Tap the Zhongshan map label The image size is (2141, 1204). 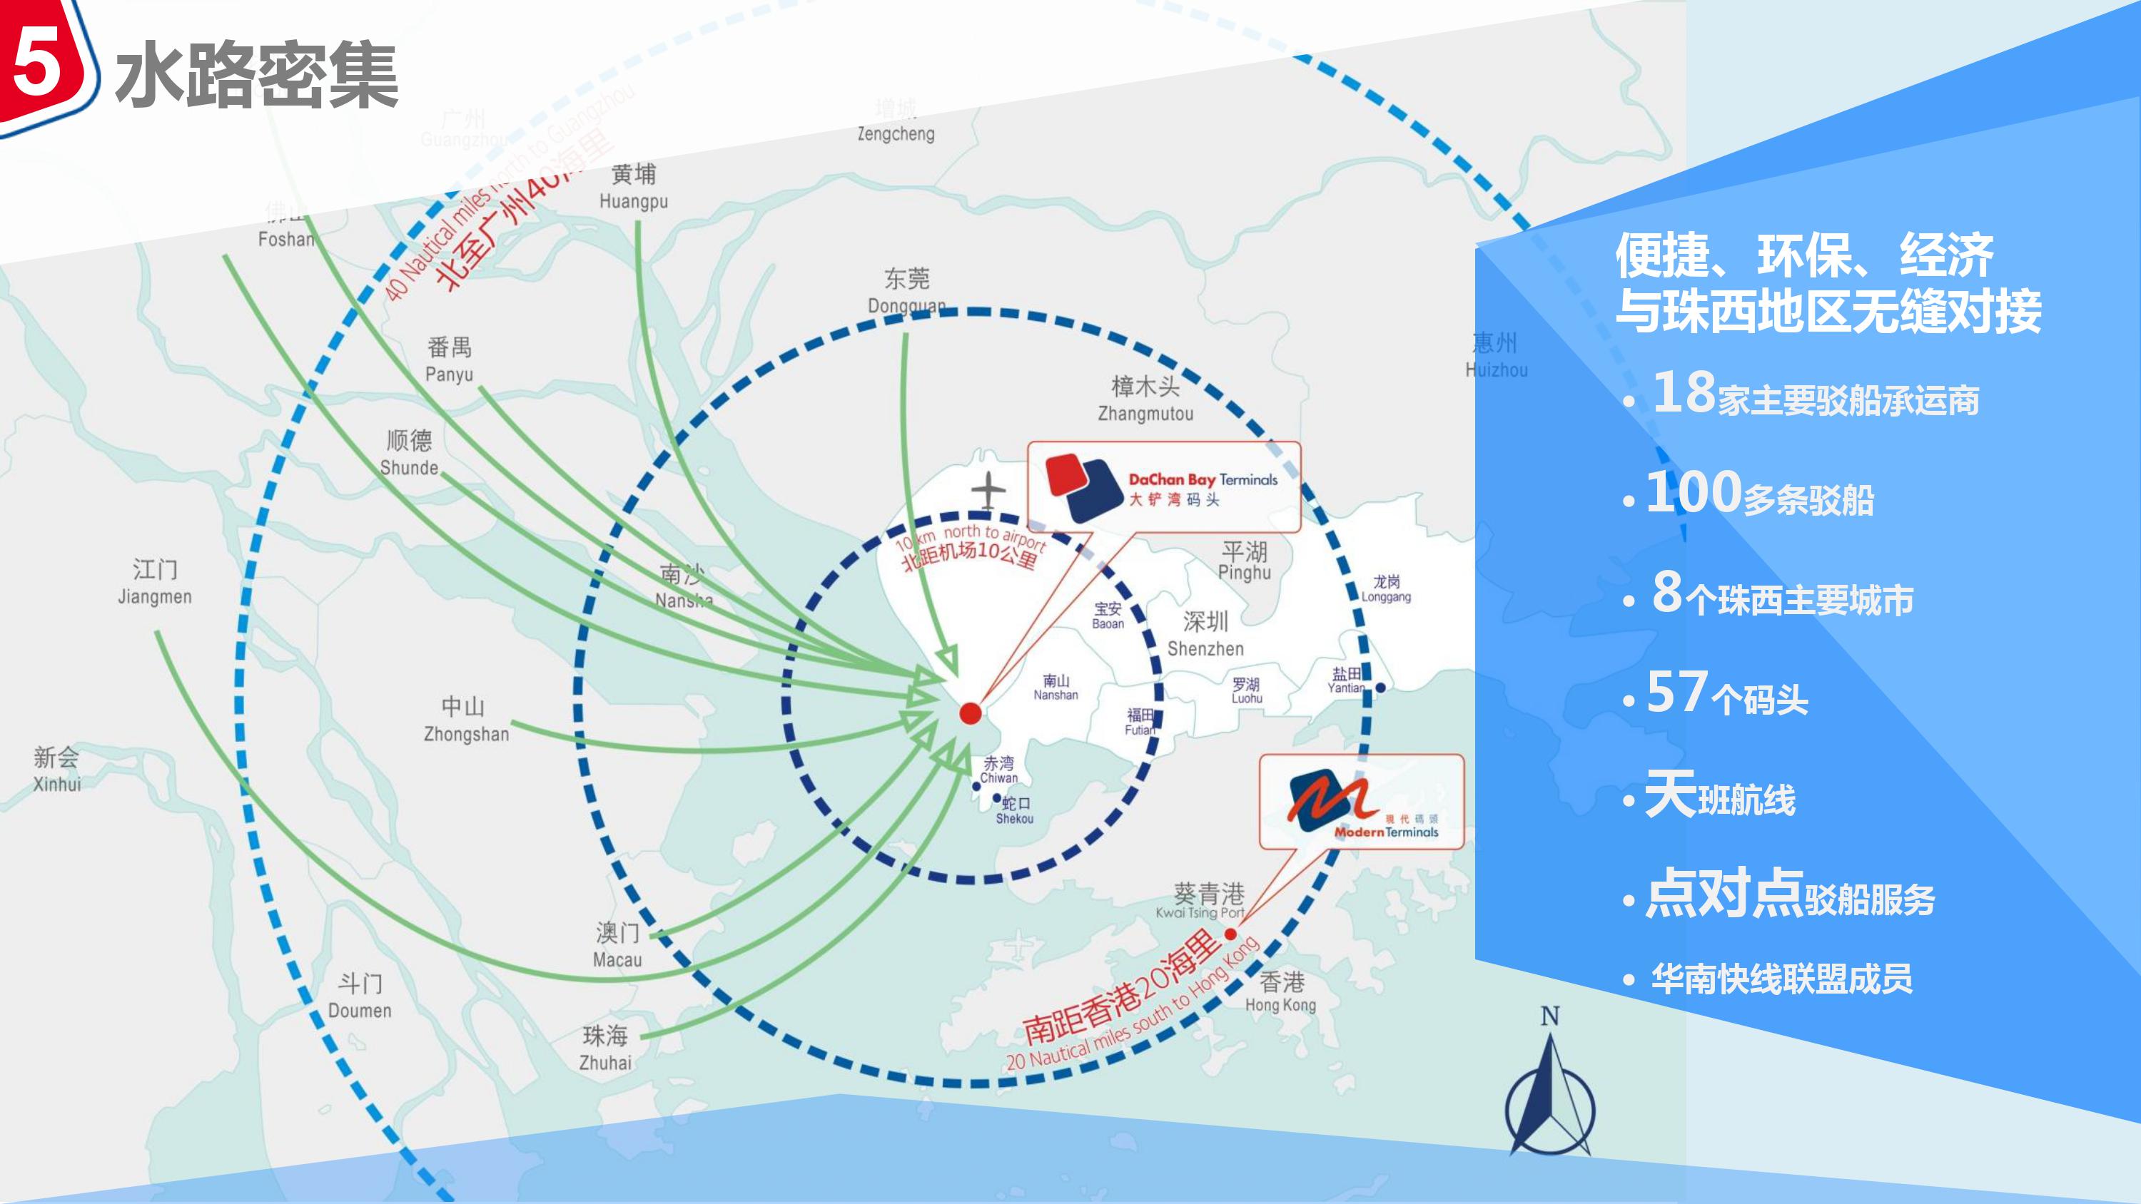(465, 720)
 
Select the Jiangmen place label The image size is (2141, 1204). (155, 583)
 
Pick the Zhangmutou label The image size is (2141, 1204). (1145, 399)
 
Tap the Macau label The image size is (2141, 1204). (617, 946)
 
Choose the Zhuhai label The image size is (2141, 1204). (605, 1049)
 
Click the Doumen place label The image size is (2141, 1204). (360, 996)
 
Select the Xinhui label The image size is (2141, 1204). (56, 770)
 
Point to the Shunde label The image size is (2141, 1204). (409, 453)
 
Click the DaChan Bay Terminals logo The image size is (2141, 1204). (1081, 486)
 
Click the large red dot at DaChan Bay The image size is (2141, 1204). (970, 713)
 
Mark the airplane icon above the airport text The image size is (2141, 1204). (988, 491)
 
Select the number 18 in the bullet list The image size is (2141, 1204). (1684, 392)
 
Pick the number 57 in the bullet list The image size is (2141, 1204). (1677, 691)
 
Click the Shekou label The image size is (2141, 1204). (1015, 810)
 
